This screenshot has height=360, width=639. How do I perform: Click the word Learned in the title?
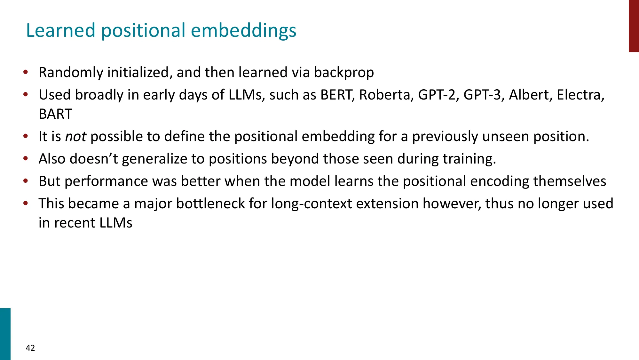[61, 30]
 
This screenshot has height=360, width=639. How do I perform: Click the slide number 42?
[30, 348]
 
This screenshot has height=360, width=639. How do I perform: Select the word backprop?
[344, 73]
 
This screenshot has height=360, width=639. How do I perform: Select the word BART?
[55, 114]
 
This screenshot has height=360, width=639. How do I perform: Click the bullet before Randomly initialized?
[26, 72]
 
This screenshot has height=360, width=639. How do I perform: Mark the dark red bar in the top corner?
[634, 26]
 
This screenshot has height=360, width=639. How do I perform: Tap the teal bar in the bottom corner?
[5, 334]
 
